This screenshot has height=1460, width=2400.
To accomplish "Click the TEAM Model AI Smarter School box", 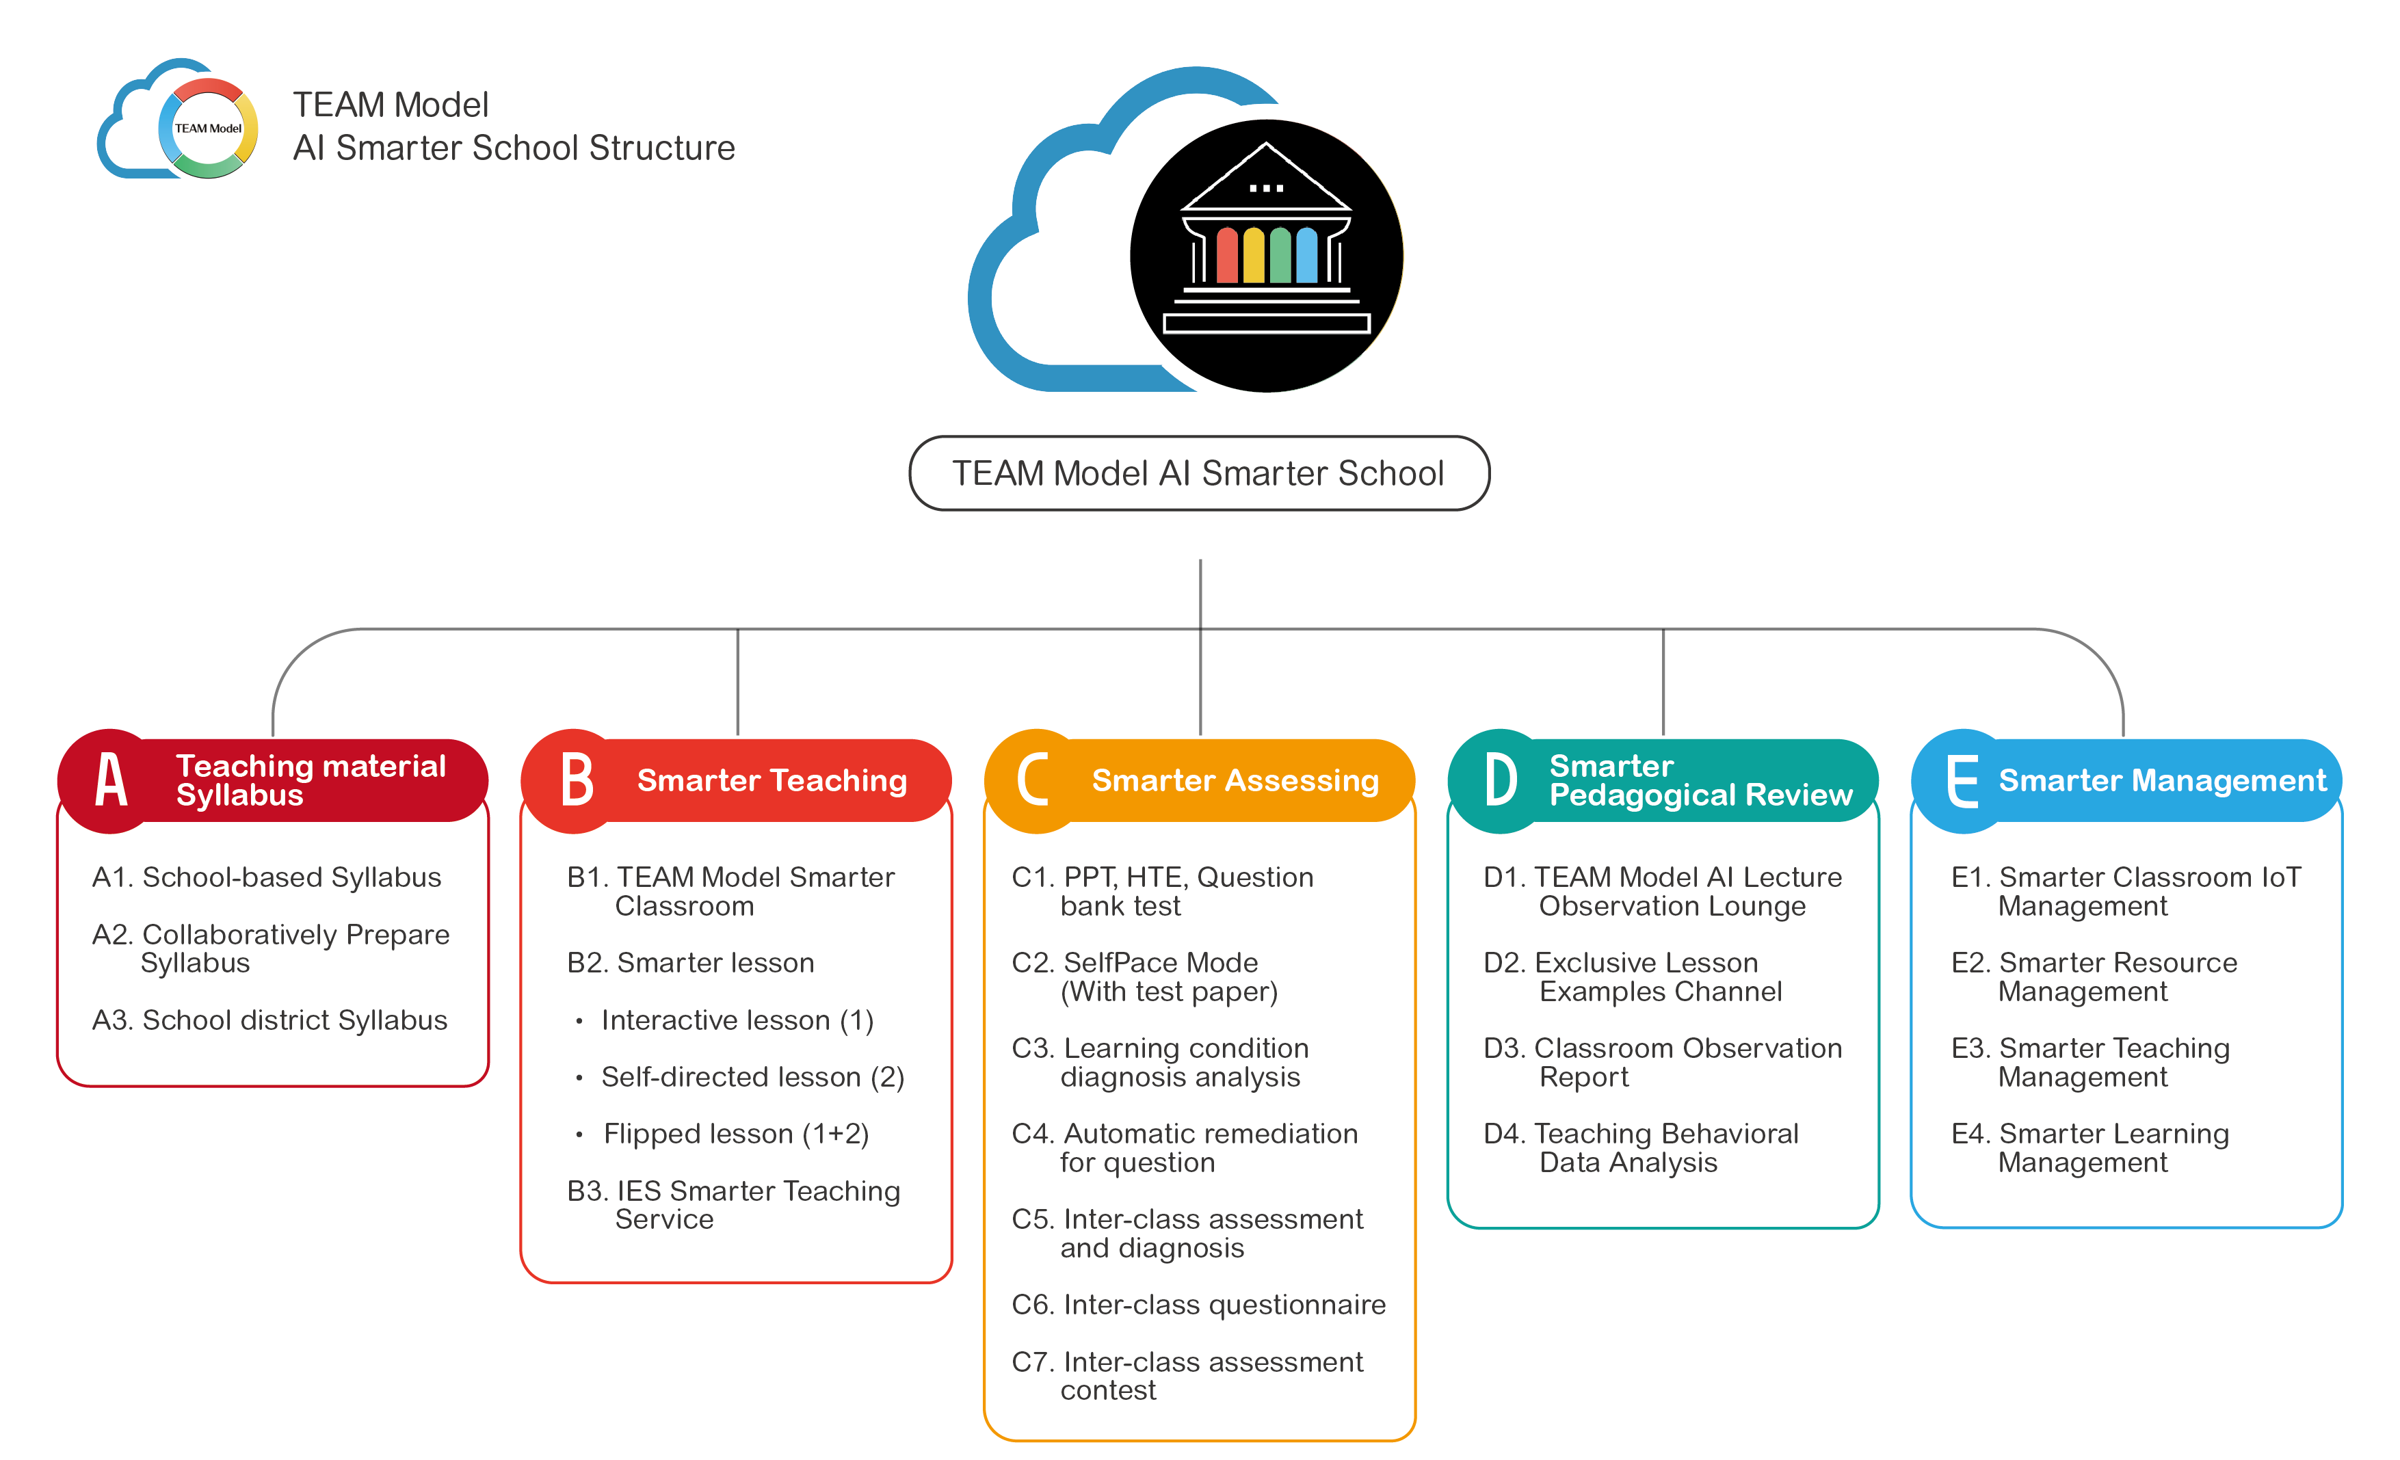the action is click(1199, 473).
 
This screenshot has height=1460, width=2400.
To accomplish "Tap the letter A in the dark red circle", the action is click(111, 780).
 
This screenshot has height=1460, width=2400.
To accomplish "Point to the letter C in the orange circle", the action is click(1033, 780).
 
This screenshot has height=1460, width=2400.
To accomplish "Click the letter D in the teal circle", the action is click(1500, 780).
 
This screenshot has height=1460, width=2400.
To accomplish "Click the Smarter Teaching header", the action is click(772, 780).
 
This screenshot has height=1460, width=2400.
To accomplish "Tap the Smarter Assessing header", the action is click(1235, 780).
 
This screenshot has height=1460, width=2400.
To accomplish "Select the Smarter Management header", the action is click(2163, 780).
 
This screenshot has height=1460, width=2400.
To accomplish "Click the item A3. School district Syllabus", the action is click(269, 1020).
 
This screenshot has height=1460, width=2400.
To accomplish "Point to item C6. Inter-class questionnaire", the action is click(1198, 1304).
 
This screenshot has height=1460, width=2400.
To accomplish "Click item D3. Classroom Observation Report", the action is click(1663, 1061).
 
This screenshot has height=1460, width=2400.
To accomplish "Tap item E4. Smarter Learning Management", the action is click(2090, 1147).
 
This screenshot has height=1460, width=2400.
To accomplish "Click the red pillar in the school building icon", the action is click(1227, 255).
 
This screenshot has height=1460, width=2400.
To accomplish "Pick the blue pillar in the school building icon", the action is click(1307, 255).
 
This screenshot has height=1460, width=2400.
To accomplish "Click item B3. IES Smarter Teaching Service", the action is click(733, 1205).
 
